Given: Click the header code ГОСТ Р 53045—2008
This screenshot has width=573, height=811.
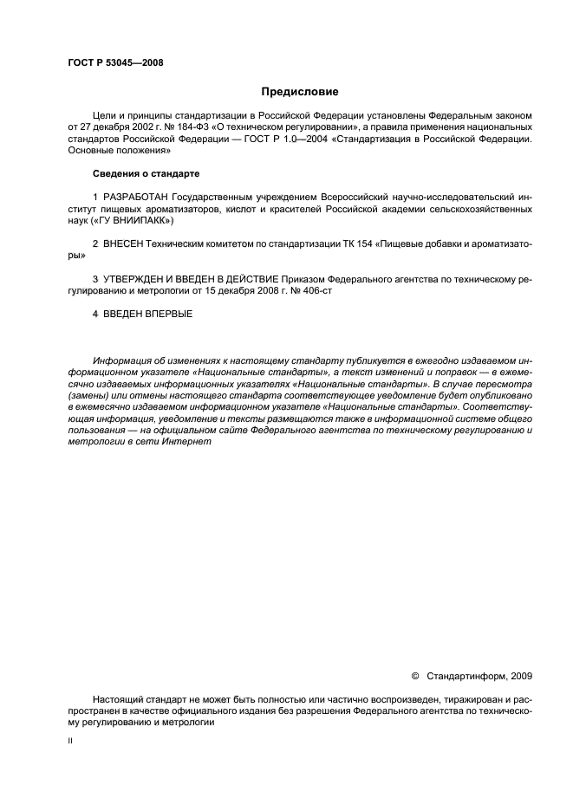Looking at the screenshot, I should [x=115, y=62].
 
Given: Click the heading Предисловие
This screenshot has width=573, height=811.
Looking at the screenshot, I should [x=300, y=91].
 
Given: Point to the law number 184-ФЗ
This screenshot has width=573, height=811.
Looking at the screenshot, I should [x=178, y=126].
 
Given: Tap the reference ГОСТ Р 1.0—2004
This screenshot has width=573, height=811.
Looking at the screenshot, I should [x=265, y=138].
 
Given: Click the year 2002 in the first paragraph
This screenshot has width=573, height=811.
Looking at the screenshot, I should [x=127, y=126].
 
